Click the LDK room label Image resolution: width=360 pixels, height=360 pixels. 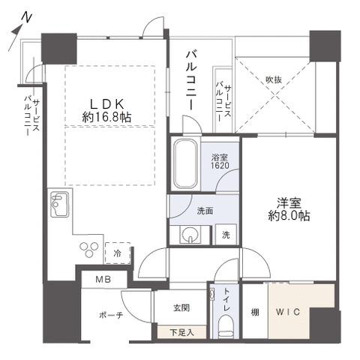pyautogui.click(x=106, y=104)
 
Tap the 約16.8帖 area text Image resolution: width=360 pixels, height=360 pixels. pyautogui.click(x=106, y=117)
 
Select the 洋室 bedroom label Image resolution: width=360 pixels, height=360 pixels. pyautogui.click(x=289, y=203)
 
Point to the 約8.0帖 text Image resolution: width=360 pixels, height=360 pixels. pyautogui.click(x=289, y=215)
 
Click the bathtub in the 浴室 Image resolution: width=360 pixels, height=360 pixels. pyautogui.click(x=185, y=164)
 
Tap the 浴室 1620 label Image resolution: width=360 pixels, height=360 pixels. pyautogui.click(x=220, y=161)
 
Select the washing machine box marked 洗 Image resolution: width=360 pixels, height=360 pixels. pyautogui.click(x=226, y=235)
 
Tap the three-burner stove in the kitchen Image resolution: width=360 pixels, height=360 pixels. pyautogui.click(x=88, y=249)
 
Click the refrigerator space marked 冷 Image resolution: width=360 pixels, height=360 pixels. pyautogui.click(x=118, y=253)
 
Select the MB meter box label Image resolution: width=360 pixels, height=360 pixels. pyautogui.click(x=103, y=280)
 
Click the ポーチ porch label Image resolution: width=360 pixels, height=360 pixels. pyautogui.click(x=111, y=315)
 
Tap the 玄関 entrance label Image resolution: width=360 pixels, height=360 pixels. pyautogui.click(x=181, y=308)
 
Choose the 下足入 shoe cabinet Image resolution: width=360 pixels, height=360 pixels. pyautogui.click(x=181, y=332)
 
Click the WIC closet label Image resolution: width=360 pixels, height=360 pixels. pyautogui.click(x=288, y=312)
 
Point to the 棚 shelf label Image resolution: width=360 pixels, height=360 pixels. pyautogui.click(x=255, y=312)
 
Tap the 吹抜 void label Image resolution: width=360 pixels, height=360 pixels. pyautogui.click(x=274, y=79)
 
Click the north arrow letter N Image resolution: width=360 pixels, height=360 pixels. pyautogui.click(x=27, y=18)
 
